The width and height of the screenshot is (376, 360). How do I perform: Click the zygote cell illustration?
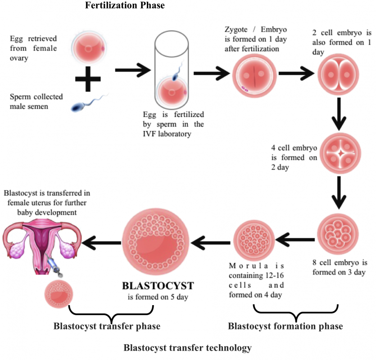253,73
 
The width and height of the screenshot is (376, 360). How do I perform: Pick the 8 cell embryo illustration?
337,234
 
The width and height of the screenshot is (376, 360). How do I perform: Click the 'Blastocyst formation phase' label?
285,325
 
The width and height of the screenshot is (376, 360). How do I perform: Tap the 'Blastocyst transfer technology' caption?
187,347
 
